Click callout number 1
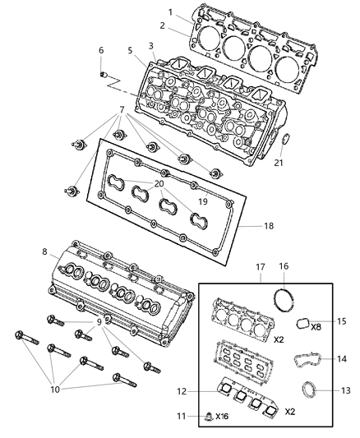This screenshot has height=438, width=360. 170,12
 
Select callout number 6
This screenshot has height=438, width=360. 101,50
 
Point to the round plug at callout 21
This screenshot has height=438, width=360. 285,139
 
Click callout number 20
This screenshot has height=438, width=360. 182,183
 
